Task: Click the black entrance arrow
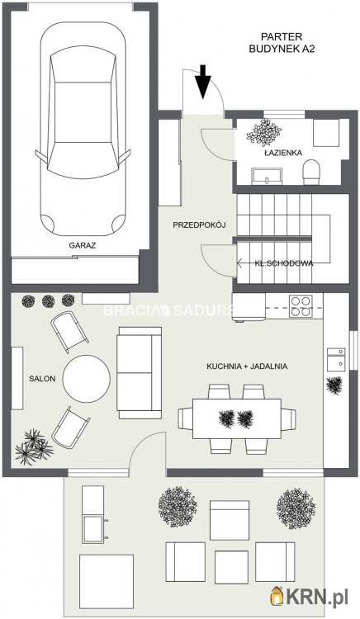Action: (203, 82)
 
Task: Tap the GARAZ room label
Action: (82, 245)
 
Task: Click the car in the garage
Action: (83, 129)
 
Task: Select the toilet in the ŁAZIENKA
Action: (311, 172)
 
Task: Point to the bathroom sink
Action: (267, 176)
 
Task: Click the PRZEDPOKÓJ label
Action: (199, 225)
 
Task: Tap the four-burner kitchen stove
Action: (301, 306)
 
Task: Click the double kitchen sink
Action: (336, 359)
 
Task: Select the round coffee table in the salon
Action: (87, 379)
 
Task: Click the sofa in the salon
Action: (140, 373)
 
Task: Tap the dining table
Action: (237, 418)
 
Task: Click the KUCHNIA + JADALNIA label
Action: (247, 366)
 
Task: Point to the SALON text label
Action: (42, 379)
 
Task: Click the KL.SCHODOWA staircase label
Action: (284, 263)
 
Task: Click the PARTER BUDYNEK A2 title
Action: (282, 43)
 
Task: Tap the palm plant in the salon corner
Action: (34, 447)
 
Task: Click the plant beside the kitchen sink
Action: (334, 385)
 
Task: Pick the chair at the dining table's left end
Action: (185, 418)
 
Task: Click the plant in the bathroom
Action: (264, 132)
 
